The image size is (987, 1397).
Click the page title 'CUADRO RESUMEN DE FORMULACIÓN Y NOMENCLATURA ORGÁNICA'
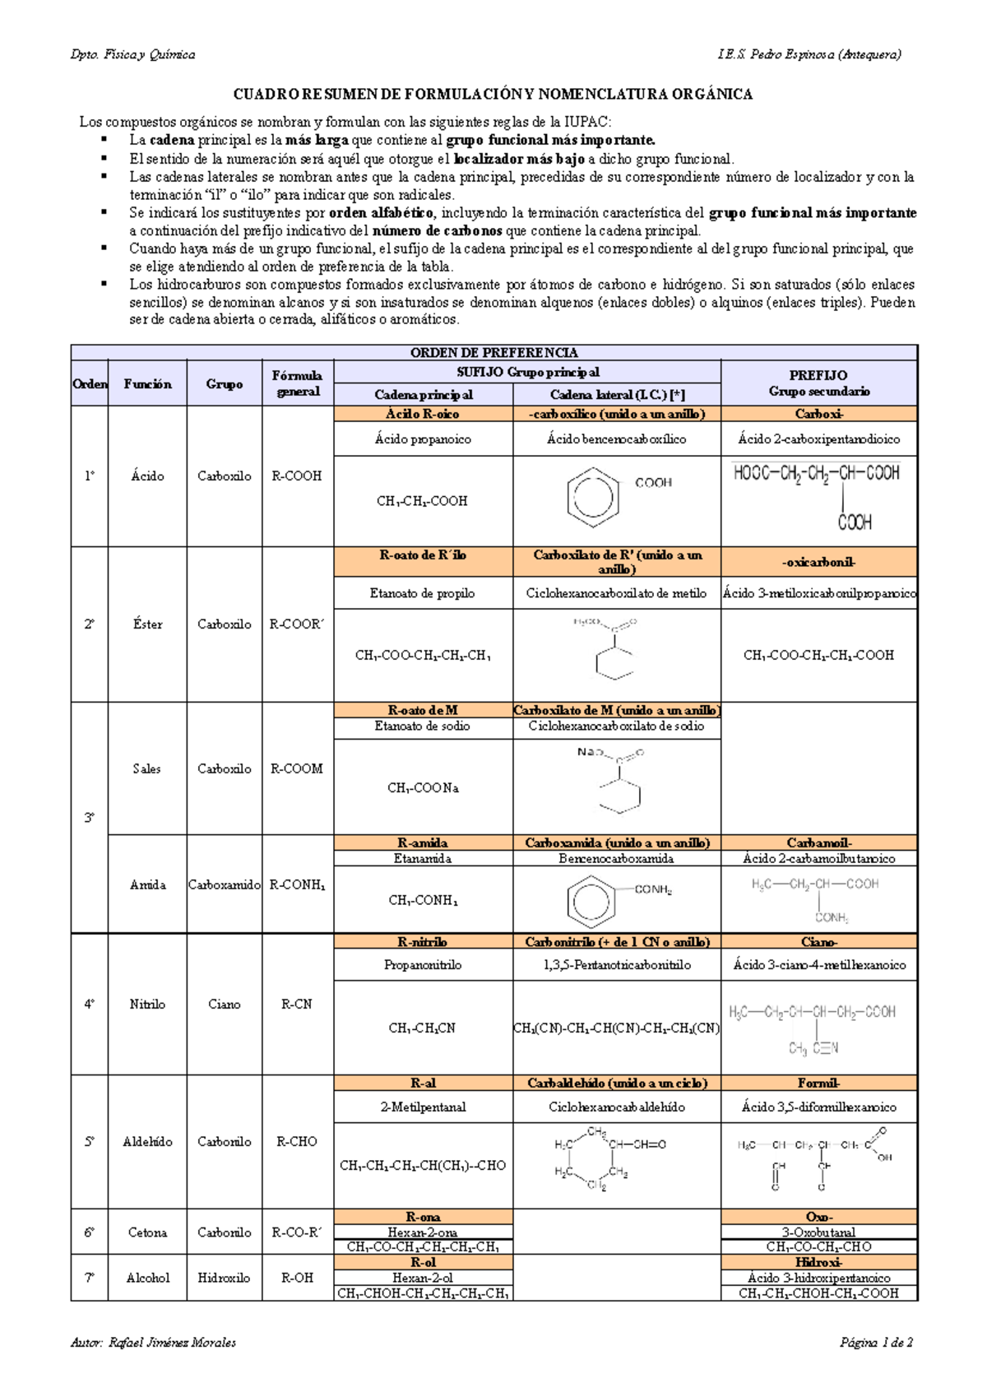pyautogui.click(x=493, y=95)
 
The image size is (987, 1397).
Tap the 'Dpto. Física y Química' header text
pyautogui.click(x=132, y=54)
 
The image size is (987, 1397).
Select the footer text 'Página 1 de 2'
pyautogui.click(x=876, y=1342)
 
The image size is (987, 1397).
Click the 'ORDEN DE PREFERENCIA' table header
pyautogui.click(x=493, y=353)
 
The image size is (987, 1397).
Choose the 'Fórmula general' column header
pyautogui.click(x=297, y=383)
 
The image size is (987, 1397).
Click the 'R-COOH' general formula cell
pyautogui.click(x=297, y=476)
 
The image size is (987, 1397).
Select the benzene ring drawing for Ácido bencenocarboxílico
pyautogui.click(x=593, y=496)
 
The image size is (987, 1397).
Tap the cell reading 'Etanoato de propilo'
pyautogui.click(x=423, y=593)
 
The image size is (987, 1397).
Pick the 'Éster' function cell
pyautogui.click(x=147, y=624)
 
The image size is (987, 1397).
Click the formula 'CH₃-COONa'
pyautogui.click(x=423, y=787)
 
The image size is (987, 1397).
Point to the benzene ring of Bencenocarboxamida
pyautogui.click(x=592, y=900)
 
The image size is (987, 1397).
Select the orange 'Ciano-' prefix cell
pyautogui.click(x=819, y=942)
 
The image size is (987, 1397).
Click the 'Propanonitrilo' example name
pyautogui.click(x=423, y=964)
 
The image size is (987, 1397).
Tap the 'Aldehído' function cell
pyautogui.click(x=147, y=1141)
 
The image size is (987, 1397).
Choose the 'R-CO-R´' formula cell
pyautogui.click(x=297, y=1232)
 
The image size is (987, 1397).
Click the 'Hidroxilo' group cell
pyautogui.click(x=224, y=1278)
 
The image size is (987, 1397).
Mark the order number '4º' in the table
pyautogui.click(x=89, y=1004)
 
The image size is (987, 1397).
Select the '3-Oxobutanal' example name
pyautogui.click(x=819, y=1232)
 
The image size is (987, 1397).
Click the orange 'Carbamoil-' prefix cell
pyautogui.click(x=819, y=842)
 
